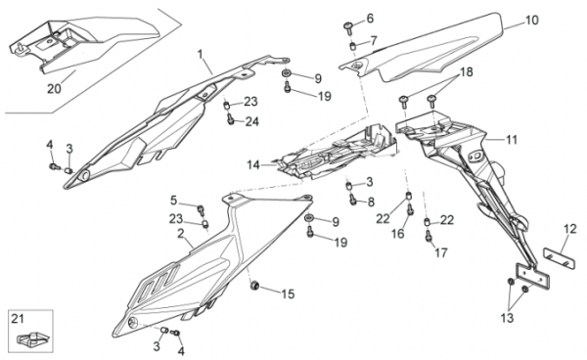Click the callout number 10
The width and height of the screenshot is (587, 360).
(532, 20)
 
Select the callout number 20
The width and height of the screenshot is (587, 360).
(54, 89)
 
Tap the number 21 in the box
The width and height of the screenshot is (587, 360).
(18, 319)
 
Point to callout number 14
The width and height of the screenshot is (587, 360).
(253, 164)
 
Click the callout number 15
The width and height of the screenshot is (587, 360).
(288, 294)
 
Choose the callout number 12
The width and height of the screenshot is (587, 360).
(570, 229)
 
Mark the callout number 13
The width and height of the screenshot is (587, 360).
(507, 318)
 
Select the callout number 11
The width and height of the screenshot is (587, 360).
(512, 140)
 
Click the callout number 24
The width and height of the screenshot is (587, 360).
(252, 121)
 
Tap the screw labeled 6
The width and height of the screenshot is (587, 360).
(348, 27)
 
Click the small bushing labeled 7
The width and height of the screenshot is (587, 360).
(352, 46)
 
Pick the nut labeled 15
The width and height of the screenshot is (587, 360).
(254, 285)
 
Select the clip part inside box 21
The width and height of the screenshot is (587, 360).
(33, 338)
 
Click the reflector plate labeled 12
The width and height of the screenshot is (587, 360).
(560, 258)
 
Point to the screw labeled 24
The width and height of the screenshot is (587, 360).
(230, 119)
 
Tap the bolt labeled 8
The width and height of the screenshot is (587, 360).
(353, 200)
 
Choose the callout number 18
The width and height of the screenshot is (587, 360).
(467, 71)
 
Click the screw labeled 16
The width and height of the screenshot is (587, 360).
(410, 209)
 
